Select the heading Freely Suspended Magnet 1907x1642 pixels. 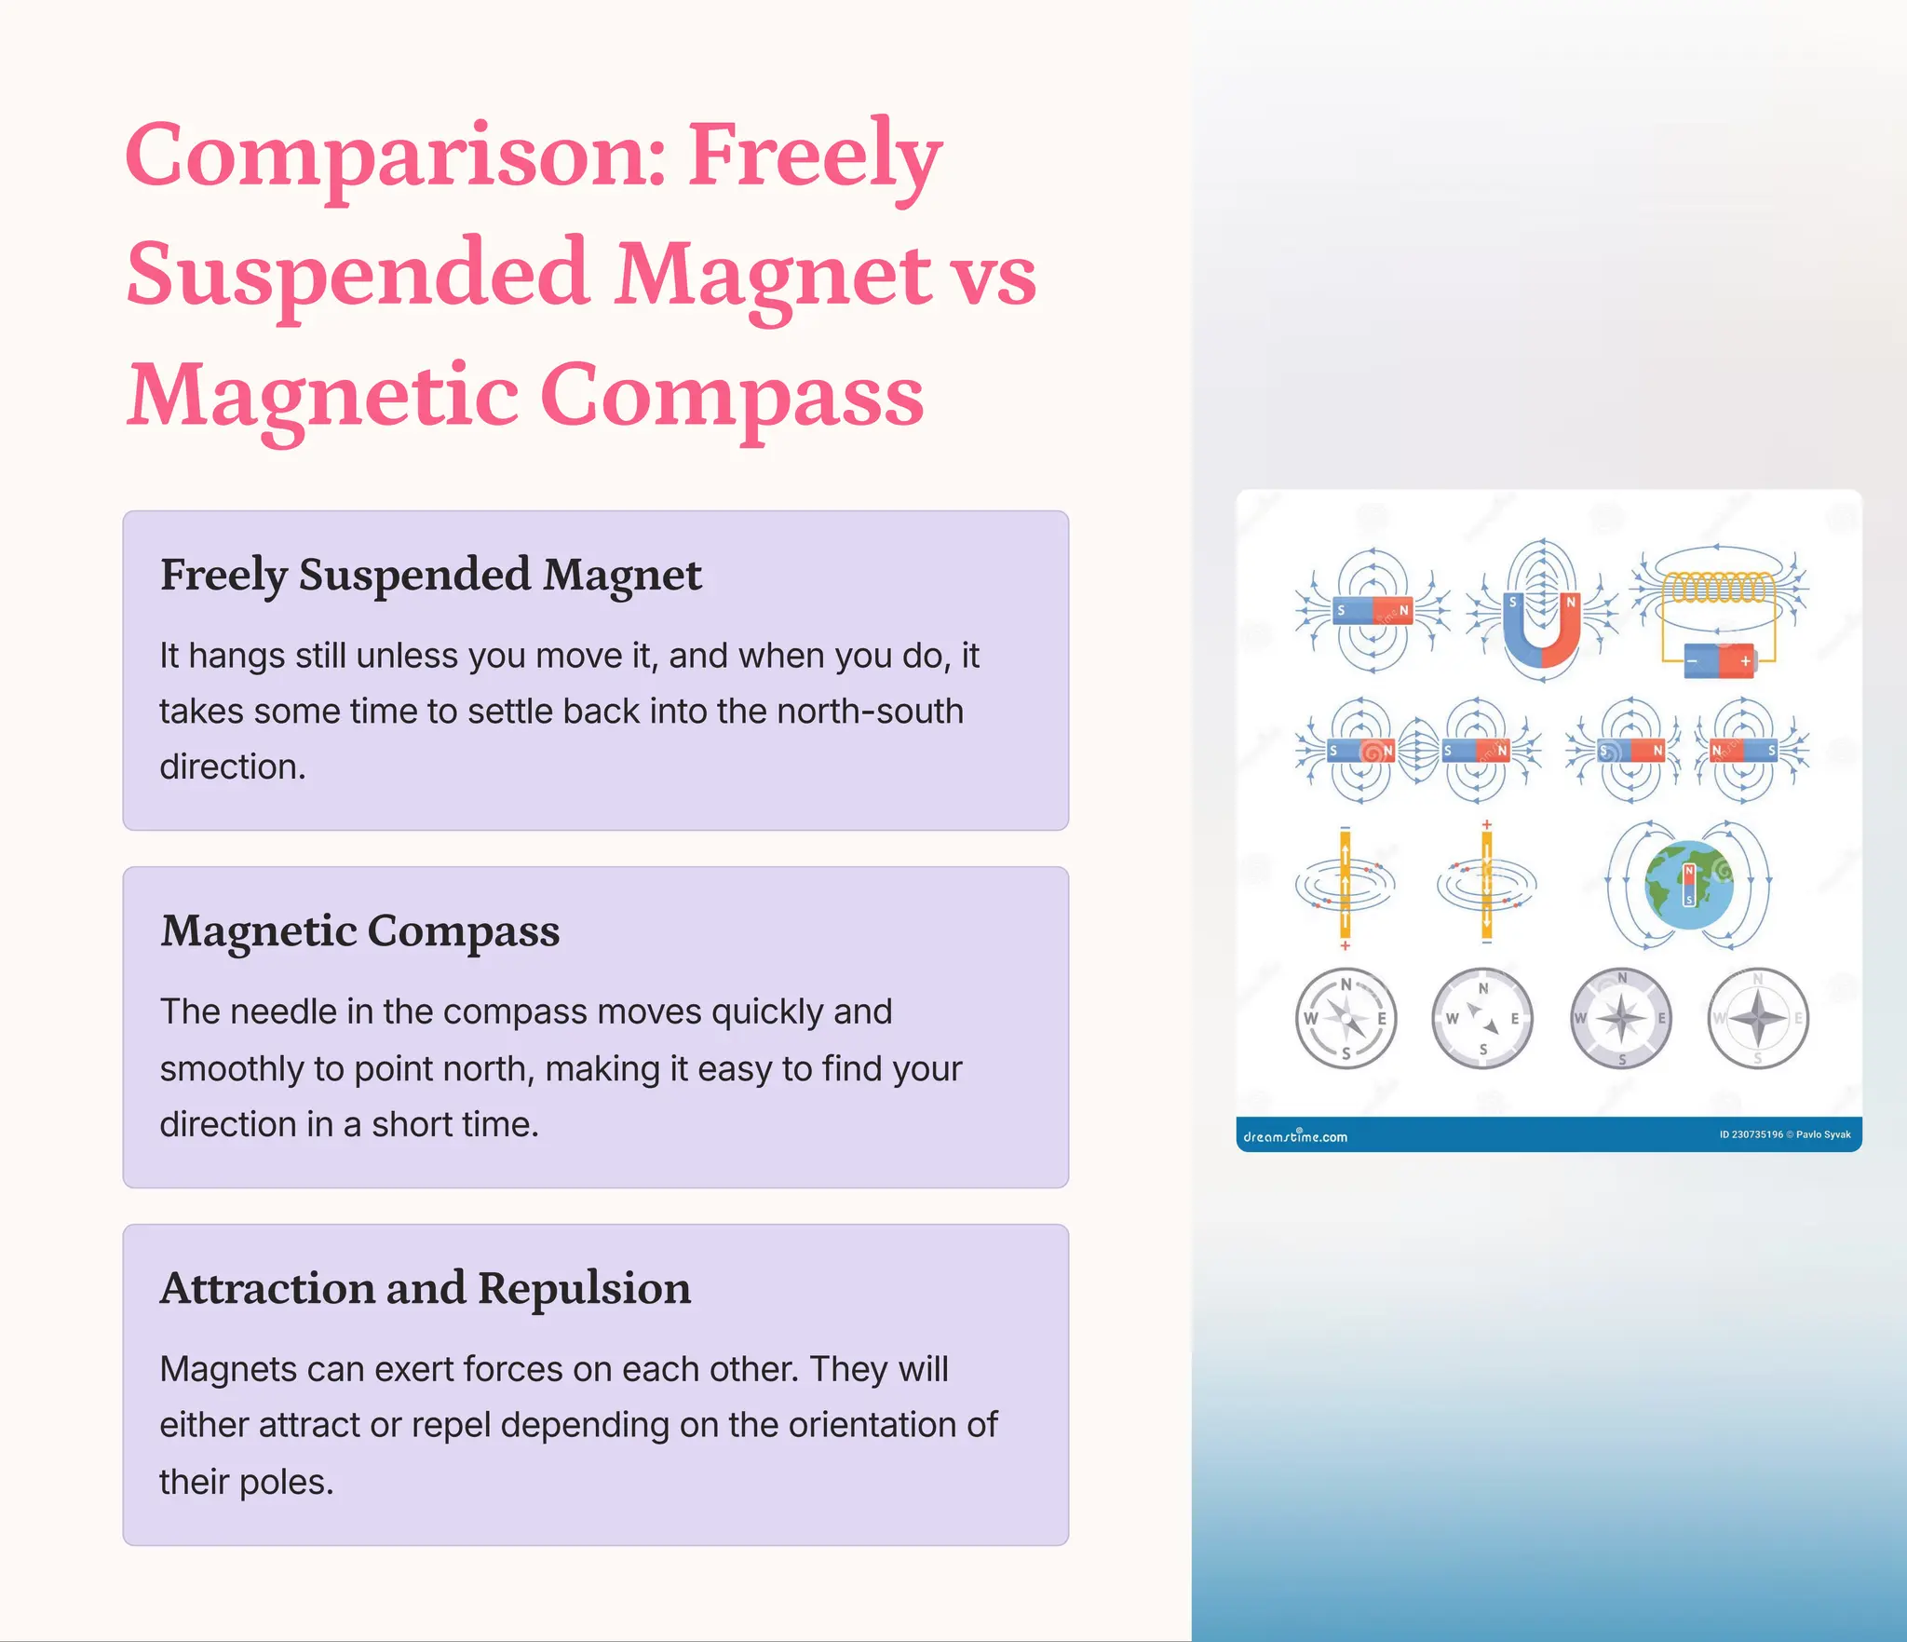click(430, 575)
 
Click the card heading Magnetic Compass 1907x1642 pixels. click(359, 930)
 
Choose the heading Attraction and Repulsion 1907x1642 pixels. click(425, 1288)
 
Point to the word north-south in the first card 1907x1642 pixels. click(870, 712)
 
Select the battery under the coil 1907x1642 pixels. click(1718, 661)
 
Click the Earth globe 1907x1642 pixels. click(1688, 886)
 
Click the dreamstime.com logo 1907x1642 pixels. click(1295, 1136)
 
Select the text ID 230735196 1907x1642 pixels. click(1751, 1134)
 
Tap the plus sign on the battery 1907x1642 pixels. click(1745, 661)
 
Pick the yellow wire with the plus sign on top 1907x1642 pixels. click(1486, 885)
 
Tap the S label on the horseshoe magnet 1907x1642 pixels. click(1513, 602)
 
